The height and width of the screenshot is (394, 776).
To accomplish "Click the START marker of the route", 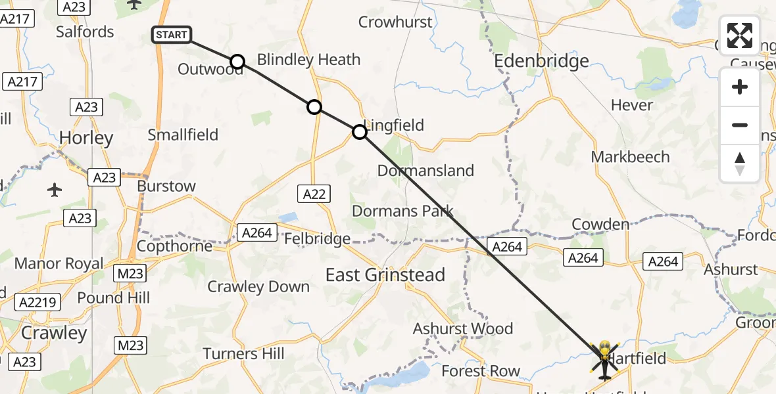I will (172, 35).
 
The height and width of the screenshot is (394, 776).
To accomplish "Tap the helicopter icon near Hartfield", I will (604, 359).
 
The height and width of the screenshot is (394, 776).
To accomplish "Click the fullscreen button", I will (740, 35).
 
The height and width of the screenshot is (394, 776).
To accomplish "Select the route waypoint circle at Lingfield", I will (360, 132).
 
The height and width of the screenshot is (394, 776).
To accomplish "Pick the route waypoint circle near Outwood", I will (237, 62).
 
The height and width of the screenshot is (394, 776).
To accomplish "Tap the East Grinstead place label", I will (385, 274).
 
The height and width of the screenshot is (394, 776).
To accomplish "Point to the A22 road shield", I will (314, 193).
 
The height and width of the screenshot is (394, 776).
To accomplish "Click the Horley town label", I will (86, 138).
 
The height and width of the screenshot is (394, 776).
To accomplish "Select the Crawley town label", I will (54, 332).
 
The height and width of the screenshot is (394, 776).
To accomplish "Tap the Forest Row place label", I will (481, 371).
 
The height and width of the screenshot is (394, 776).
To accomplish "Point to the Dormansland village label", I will (425, 171).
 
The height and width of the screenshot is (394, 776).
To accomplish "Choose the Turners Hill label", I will (243, 353).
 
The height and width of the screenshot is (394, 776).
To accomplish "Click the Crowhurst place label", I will (396, 22).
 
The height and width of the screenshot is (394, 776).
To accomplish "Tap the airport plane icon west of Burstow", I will (55, 190).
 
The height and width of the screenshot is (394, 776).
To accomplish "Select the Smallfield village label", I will (183, 135).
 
